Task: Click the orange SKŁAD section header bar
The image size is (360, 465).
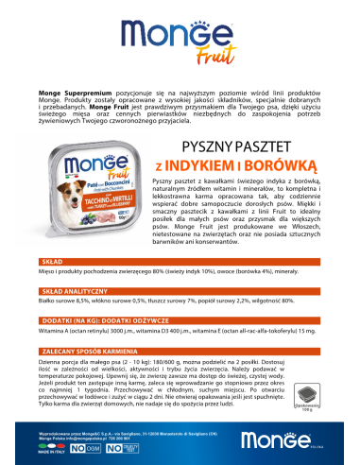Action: (180, 258)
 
